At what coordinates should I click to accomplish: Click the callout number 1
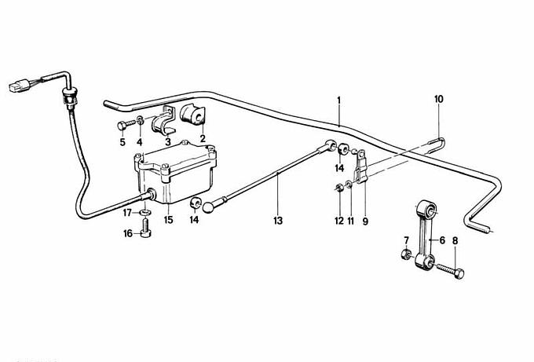[x=339, y=101]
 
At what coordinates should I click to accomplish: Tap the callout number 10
[x=439, y=100]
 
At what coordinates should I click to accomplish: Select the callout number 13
[x=278, y=221]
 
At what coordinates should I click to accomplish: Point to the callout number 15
[x=168, y=220]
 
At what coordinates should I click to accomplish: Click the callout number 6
[x=442, y=240]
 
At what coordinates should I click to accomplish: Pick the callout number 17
[x=127, y=213]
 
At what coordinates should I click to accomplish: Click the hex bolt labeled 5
[x=126, y=125]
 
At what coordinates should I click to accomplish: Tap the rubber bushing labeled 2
[x=193, y=115]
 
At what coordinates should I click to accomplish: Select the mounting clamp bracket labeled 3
[x=163, y=121]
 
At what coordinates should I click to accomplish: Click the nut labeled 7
[x=405, y=254]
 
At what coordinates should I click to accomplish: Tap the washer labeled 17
[x=145, y=213]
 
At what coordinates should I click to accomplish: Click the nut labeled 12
[x=339, y=187]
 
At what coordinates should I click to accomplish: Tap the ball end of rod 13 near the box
[x=207, y=207]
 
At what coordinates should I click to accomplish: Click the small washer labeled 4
[x=140, y=120]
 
